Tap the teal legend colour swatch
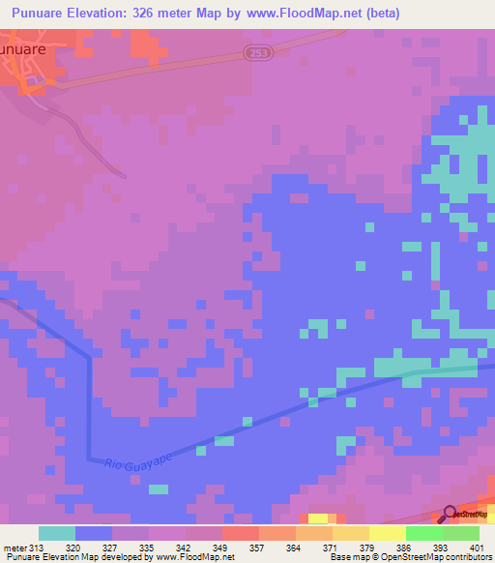coord(57,533)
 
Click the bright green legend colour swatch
coord(423,533)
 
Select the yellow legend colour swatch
coord(387,533)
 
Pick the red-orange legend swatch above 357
coord(240,533)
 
